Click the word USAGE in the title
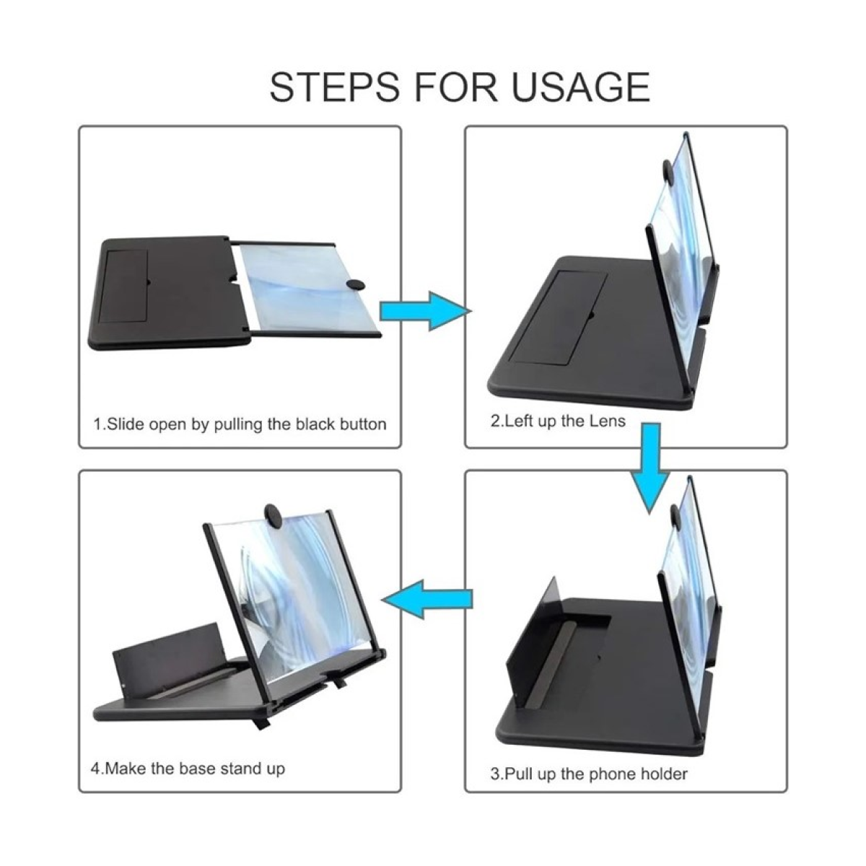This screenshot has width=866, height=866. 580,87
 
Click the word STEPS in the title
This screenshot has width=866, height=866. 334,87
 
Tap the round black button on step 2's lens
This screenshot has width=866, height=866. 667,172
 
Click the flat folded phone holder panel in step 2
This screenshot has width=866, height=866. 561,312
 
